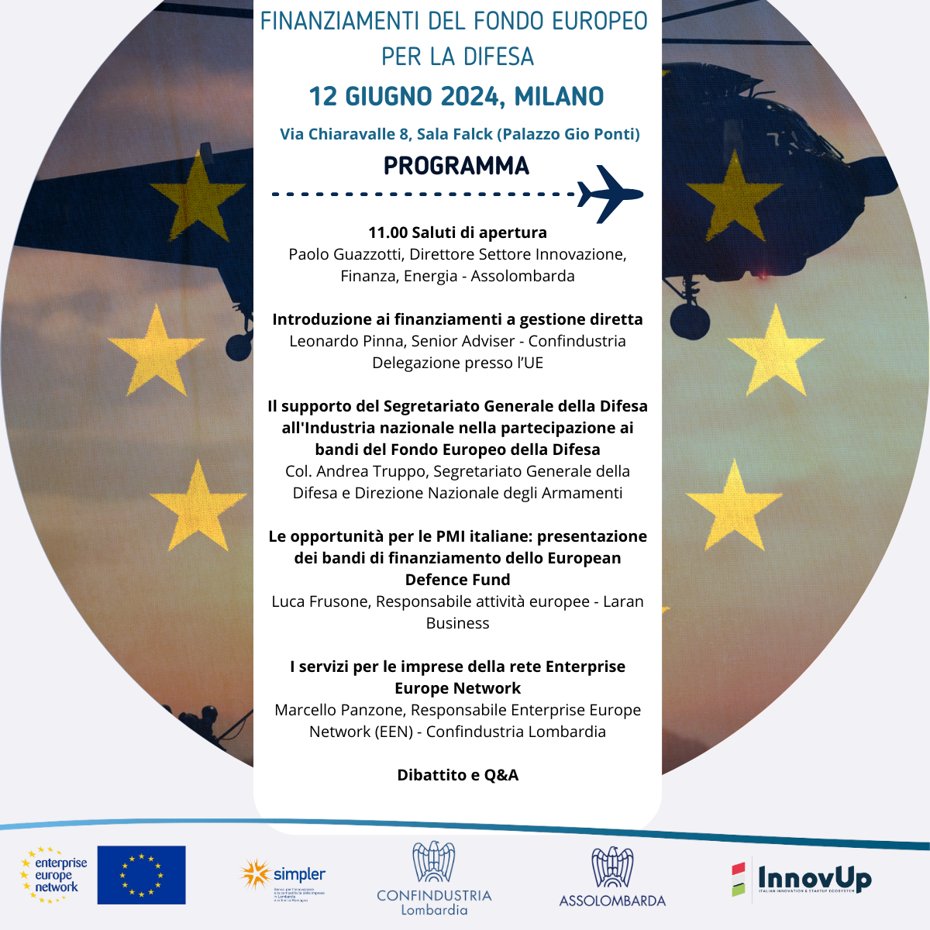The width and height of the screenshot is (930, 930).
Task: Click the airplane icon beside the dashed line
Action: tap(609, 193)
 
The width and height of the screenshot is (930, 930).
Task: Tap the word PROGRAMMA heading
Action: tap(456, 166)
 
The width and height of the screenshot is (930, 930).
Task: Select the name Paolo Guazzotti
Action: tap(345, 254)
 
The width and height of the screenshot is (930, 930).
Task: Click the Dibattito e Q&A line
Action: tap(457, 775)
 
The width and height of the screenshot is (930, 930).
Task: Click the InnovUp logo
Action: tap(801, 880)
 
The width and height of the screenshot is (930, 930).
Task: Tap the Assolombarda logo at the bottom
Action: tap(612, 877)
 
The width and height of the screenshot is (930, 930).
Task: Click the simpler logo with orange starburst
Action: tap(284, 877)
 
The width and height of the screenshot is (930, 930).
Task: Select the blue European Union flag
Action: tap(141, 875)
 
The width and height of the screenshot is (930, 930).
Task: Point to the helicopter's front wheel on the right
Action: tap(690, 320)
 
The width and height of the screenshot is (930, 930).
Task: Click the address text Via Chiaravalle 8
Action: tap(345, 134)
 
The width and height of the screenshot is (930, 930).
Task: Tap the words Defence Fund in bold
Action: tap(457, 580)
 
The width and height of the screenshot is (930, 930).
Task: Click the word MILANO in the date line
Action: tap(559, 97)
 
